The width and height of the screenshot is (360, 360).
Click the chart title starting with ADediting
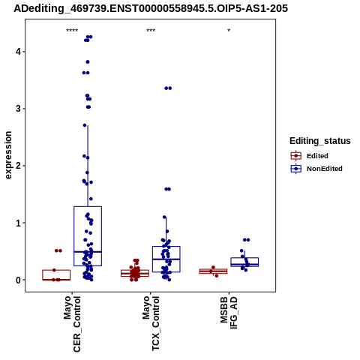[x=151, y=8]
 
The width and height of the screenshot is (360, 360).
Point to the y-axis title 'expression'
[x=8, y=155]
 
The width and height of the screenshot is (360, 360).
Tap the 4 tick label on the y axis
[x=18, y=52]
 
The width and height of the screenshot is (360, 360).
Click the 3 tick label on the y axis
[x=18, y=109]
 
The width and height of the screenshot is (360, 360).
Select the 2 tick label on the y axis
[x=18, y=166]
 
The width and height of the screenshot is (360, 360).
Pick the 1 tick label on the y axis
[x=18, y=223]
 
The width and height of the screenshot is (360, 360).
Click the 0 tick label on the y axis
[x=18, y=280]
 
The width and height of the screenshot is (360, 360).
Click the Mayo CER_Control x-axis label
[x=72, y=324]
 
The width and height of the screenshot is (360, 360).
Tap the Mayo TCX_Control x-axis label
[x=151, y=323]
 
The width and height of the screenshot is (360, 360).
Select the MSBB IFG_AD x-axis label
[x=229, y=313]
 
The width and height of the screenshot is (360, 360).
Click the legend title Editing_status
[x=320, y=141]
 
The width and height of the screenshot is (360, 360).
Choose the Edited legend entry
[x=310, y=156]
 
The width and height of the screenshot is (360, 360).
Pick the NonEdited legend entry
[x=316, y=169]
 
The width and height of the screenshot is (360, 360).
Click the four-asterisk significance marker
[x=72, y=31]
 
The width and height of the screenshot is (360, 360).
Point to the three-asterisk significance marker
[x=151, y=31]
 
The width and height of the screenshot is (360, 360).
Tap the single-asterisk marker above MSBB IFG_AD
[x=229, y=31]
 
